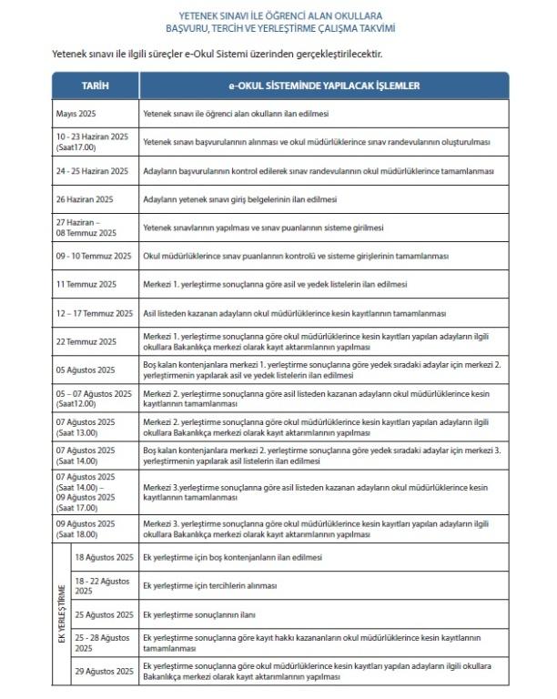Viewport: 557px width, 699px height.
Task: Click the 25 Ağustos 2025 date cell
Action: pyautogui.click(x=104, y=614)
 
